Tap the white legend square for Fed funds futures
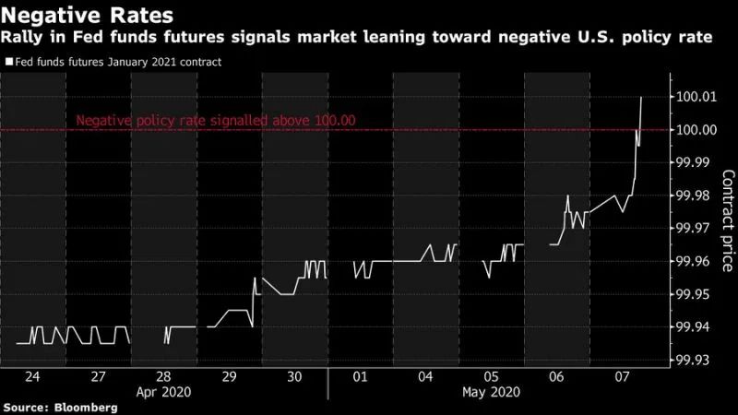(x=8, y=63)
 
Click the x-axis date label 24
(x=32, y=377)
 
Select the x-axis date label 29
(x=229, y=377)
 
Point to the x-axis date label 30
(x=294, y=377)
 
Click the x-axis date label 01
(x=360, y=377)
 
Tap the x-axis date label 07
(x=623, y=377)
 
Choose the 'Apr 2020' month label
(x=163, y=392)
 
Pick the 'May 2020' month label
(x=492, y=392)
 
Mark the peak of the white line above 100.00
(x=641, y=97)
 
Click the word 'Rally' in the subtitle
(x=23, y=39)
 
